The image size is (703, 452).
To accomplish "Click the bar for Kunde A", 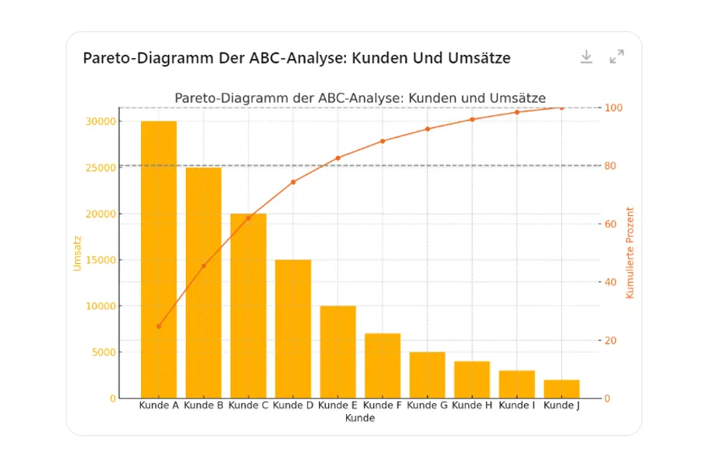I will click(159, 259).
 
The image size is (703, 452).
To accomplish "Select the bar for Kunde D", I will click(293, 329).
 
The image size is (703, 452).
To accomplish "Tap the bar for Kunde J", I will click(561, 389).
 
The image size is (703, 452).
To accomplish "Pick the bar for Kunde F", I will click(382, 365).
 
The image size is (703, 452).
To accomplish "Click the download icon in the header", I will click(586, 56).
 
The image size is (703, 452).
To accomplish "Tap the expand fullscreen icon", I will click(616, 56).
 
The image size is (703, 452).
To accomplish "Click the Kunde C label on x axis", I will click(249, 405).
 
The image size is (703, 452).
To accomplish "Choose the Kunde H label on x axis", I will click(472, 405).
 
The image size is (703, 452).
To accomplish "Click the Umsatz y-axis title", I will click(77, 252).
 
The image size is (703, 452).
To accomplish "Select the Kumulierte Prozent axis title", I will click(630, 252).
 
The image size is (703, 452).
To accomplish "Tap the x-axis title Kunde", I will click(360, 418).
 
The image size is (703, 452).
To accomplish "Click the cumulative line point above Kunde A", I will click(159, 326).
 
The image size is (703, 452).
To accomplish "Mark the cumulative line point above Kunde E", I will click(338, 158).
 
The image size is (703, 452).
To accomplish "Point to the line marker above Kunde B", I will click(204, 265).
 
